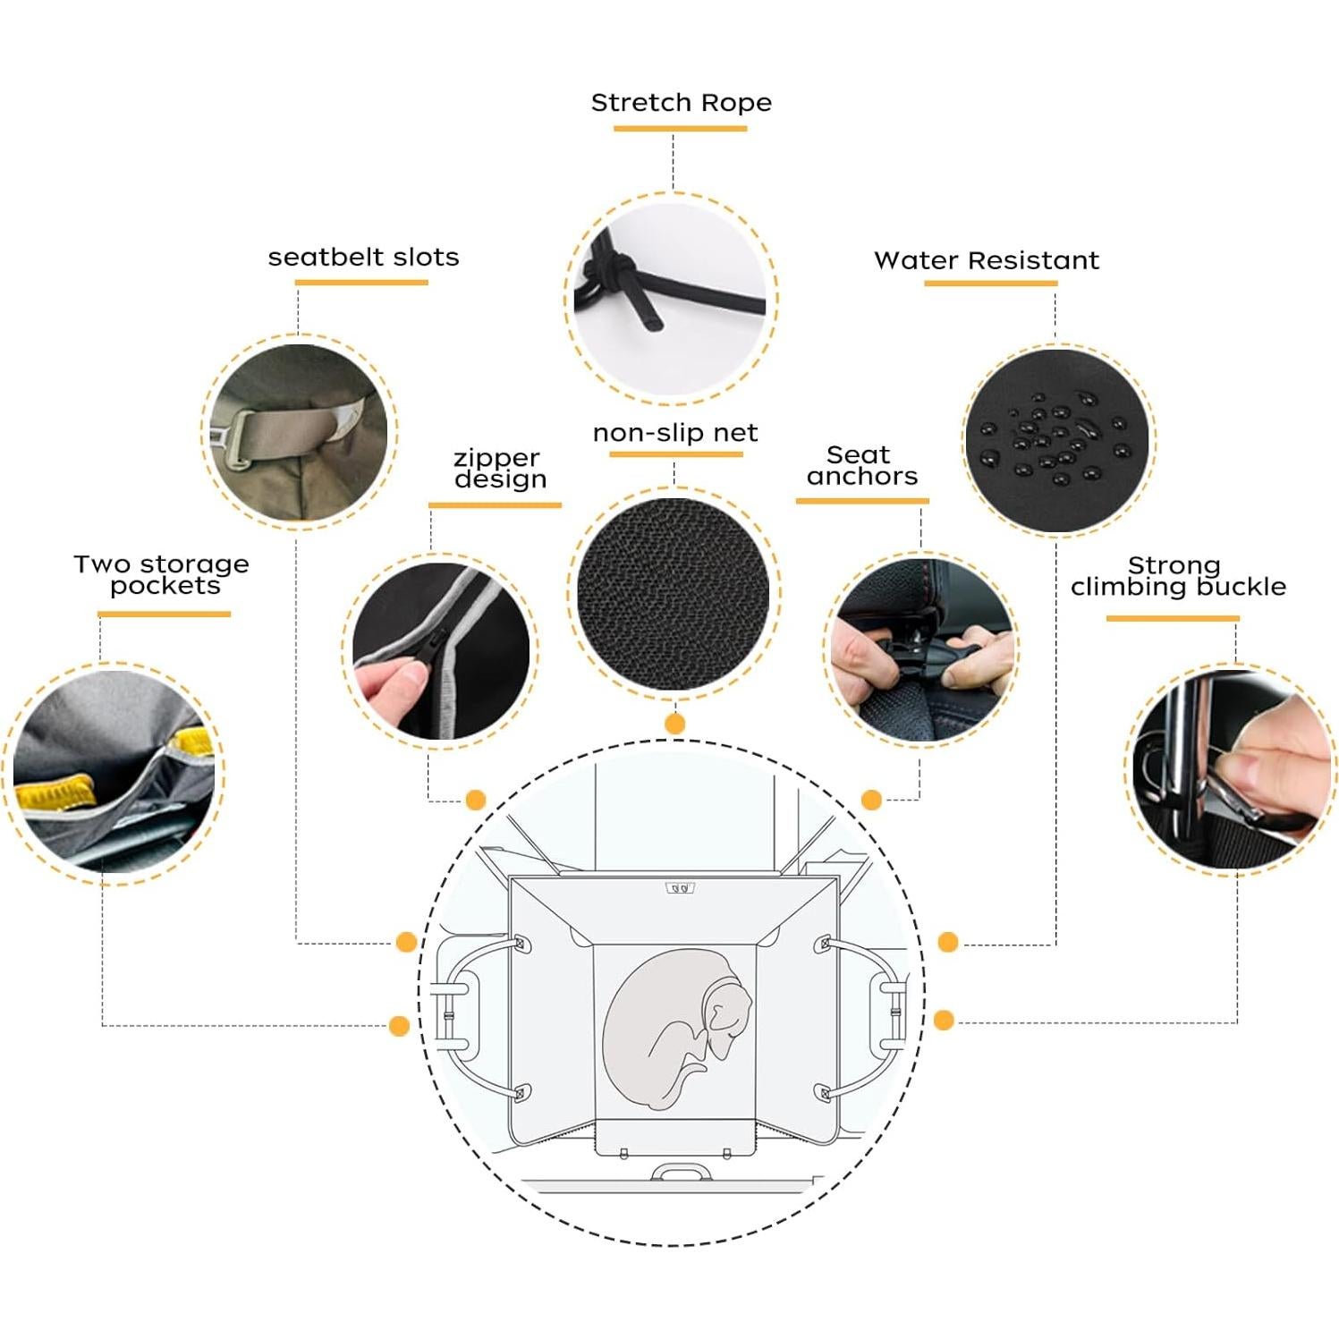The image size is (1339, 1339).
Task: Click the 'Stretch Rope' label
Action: (x=681, y=103)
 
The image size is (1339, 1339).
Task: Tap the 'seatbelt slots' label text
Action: (x=363, y=258)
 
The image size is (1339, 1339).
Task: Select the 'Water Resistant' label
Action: (x=987, y=260)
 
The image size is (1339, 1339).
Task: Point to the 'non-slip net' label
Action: (x=675, y=433)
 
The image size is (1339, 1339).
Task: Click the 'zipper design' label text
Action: (x=499, y=469)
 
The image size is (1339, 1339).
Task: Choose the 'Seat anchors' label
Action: (x=861, y=465)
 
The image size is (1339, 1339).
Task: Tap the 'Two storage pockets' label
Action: (x=163, y=574)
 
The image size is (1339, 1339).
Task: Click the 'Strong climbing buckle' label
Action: (x=1177, y=576)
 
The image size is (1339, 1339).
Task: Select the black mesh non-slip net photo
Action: (x=674, y=592)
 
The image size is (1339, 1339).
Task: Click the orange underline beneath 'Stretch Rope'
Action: (x=680, y=129)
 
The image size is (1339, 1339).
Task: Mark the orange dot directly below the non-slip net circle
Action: (x=675, y=724)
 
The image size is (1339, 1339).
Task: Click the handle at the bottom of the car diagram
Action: (x=681, y=1172)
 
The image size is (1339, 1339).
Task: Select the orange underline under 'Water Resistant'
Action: (x=990, y=284)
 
